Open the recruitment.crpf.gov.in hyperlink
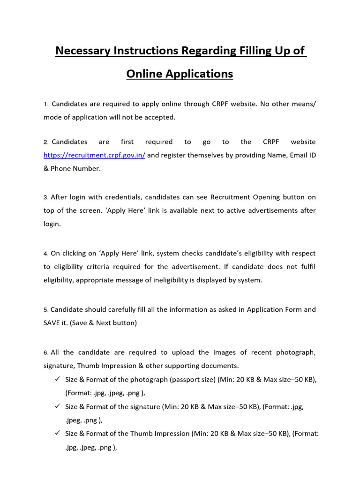(94, 155)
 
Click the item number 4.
(46, 254)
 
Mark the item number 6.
(46, 352)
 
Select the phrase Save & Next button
(105, 323)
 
